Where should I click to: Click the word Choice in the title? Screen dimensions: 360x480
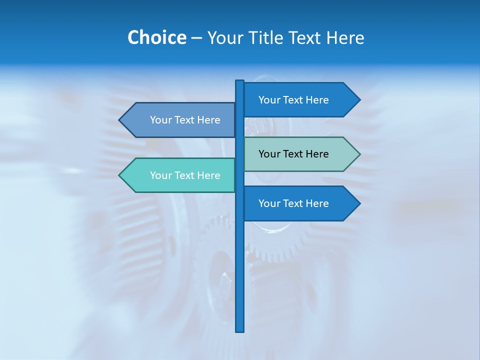pyautogui.click(x=156, y=38)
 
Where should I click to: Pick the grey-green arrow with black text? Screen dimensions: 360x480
pyautogui.click(x=300, y=154)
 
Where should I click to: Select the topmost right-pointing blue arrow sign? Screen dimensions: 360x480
pyautogui.click(x=300, y=100)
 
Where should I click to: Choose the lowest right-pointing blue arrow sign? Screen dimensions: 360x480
pyautogui.click(x=300, y=203)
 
